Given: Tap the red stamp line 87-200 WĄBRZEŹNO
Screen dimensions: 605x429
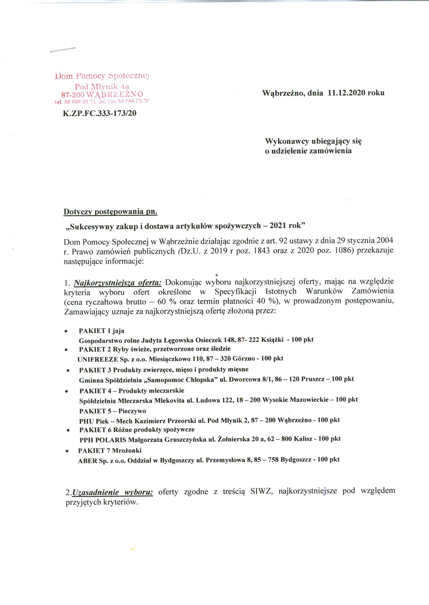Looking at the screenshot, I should (102, 94).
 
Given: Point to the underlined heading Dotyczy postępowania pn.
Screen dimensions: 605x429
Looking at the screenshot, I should (110, 212).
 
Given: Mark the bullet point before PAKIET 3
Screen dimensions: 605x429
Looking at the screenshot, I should (68, 371).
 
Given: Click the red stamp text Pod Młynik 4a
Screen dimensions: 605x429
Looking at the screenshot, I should (102, 86).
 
